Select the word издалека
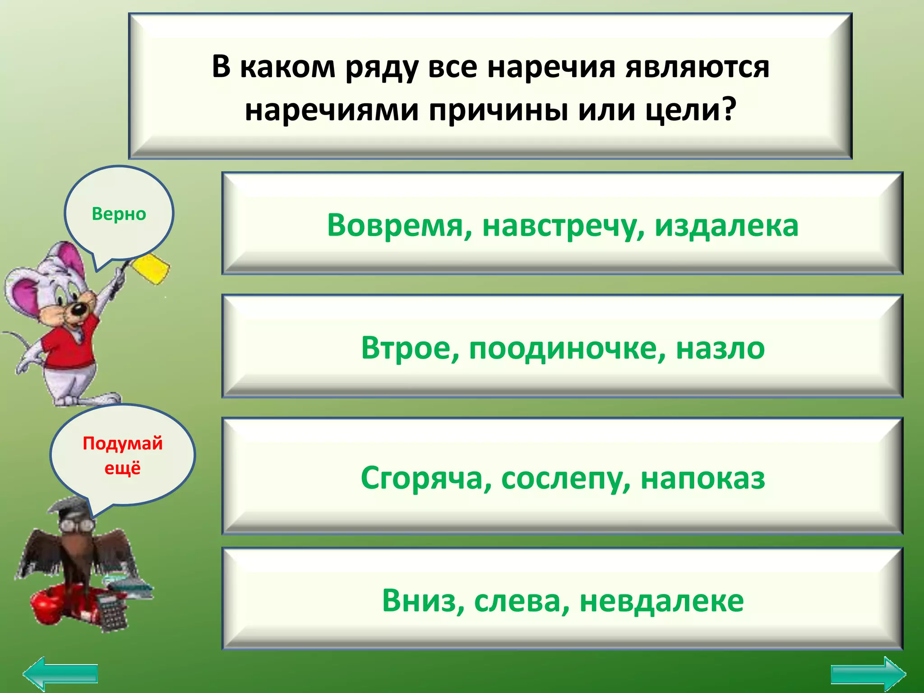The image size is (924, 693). click(x=726, y=225)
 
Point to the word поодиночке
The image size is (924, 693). click(x=567, y=349)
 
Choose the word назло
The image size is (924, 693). click(x=720, y=348)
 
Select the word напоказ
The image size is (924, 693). click(x=703, y=478)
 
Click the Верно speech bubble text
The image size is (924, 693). click(x=119, y=214)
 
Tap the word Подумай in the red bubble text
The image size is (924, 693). click(x=122, y=444)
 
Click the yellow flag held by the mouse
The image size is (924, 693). click(x=153, y=268)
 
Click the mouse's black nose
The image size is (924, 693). click(x=78, y=309)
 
